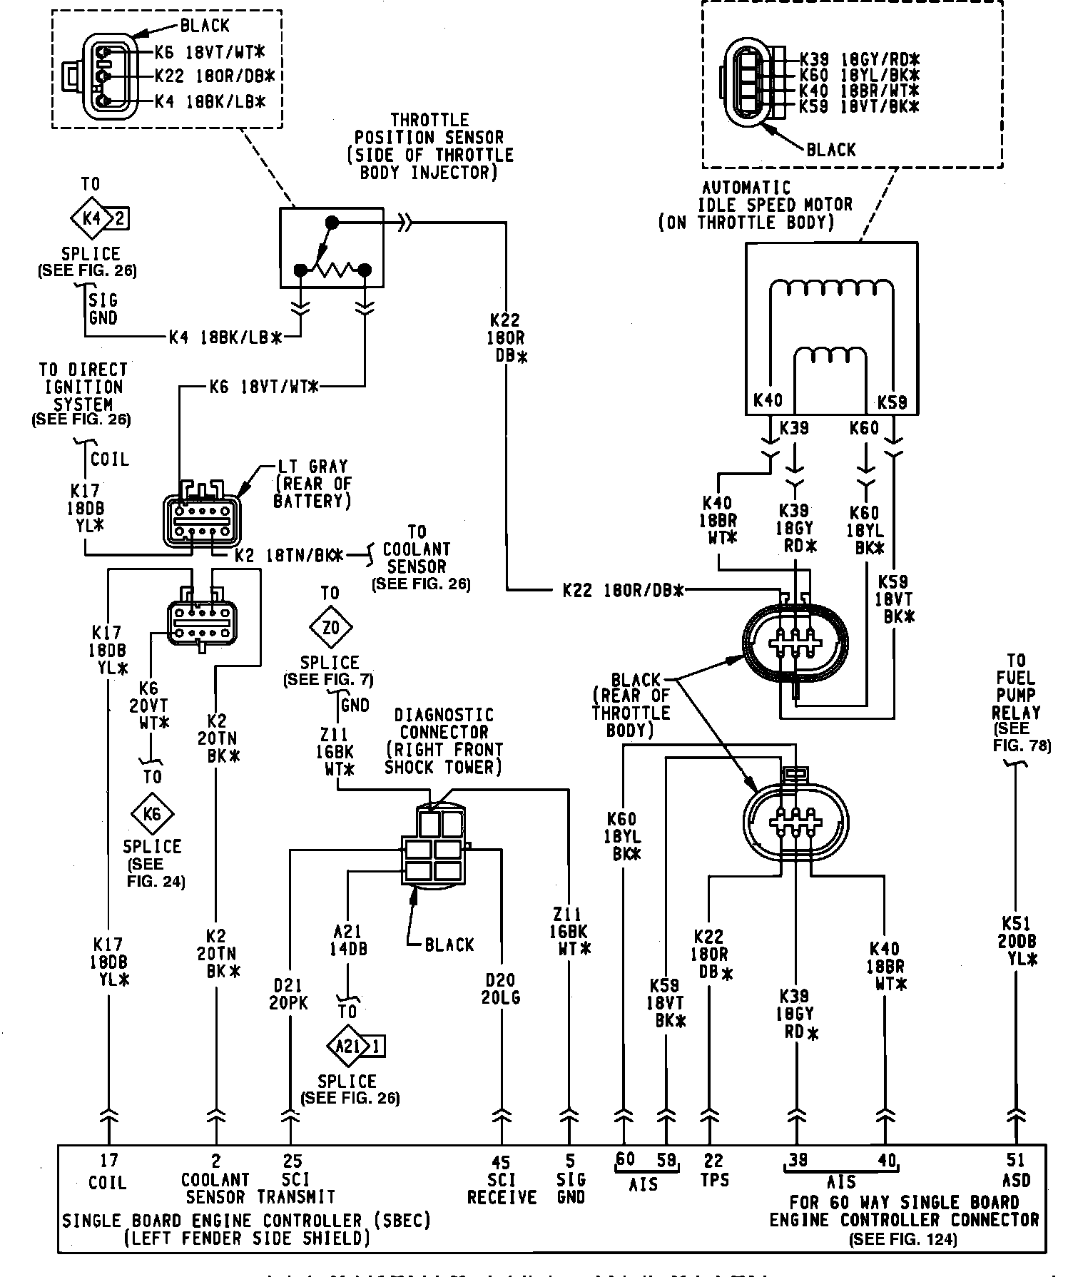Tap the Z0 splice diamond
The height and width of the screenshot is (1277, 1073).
[x=331, y=628]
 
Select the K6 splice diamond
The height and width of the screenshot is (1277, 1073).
[x=153, y=814]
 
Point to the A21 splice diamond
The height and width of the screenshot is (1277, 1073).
[x=346, y=1047]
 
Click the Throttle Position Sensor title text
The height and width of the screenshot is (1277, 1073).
[x=429, y=146]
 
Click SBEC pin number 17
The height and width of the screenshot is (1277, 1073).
[x=108, y=1161]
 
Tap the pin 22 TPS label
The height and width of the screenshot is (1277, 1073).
[x=713, y=1170]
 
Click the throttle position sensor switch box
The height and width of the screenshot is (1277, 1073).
[x=331, y=247]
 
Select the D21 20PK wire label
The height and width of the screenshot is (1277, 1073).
[x=290, y=993]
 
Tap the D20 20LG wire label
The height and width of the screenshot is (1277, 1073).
[x=500, y=989]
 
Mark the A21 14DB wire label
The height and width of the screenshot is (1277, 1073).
[x=347, y=940]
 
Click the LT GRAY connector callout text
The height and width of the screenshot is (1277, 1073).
[x=312, y=484]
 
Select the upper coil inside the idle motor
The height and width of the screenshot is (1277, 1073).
[x=831, y=288]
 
